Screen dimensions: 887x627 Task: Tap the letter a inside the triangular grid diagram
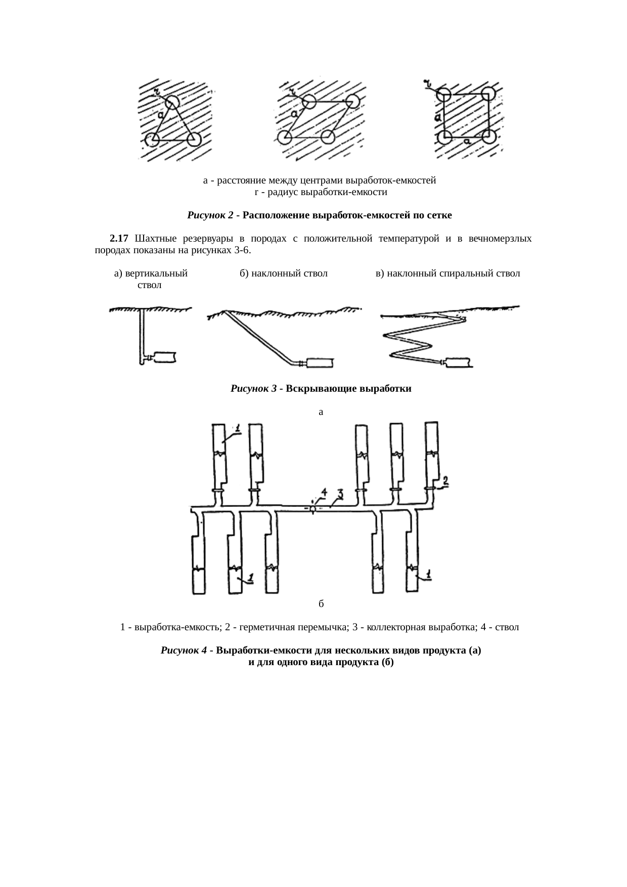pyautogui.click(x=160, y=116)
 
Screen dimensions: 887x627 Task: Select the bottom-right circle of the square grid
pyautogui.click(x=488, y=136)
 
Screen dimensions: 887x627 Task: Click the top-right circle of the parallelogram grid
pyautogui.click(x=352, y=101)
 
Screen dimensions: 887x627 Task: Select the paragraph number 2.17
pyautogui.click(x=119, y=238)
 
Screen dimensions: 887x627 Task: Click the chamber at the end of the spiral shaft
pyautogui.click(x=458, y=362)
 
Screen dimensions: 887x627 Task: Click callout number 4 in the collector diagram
pyautogui.click(x=324, y=492)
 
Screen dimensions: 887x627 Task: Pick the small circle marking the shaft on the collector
pyautogui.click(x=312, y=508)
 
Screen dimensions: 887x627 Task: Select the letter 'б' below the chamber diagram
pyautogui.click(x=321, y=604)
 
